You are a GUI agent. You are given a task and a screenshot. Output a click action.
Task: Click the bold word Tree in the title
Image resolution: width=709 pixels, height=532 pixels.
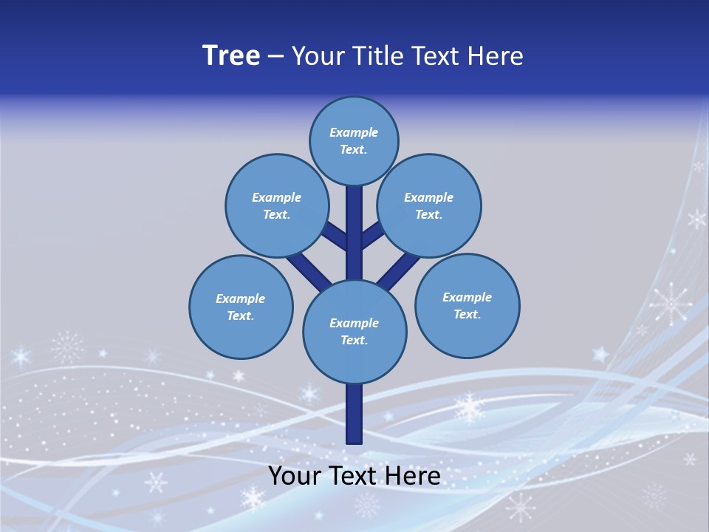[x=231, y=56]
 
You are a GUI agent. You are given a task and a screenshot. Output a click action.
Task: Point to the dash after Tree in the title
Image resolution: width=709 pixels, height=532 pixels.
[x=276, y=57]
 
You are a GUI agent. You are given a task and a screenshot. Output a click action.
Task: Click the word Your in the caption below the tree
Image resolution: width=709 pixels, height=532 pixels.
[x=295, y=476]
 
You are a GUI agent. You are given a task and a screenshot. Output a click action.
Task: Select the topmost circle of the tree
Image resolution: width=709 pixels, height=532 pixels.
[x=354, y=140]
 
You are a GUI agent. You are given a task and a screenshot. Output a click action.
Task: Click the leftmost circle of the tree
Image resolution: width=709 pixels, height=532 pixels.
[x=241, y=307]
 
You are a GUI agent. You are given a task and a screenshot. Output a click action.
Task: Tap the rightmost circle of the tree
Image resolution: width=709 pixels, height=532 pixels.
[x=467, y=305]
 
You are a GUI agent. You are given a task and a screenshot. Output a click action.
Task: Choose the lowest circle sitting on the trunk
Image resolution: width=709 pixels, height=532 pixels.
[x=354, y=331]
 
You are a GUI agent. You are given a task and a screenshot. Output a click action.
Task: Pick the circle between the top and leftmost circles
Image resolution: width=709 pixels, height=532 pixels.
[x=276, y=205]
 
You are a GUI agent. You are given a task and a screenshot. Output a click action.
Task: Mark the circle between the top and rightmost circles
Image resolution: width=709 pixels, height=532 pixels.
[x=428, y=205]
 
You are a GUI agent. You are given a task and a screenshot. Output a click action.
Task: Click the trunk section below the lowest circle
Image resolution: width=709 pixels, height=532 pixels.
[x=354, y=414]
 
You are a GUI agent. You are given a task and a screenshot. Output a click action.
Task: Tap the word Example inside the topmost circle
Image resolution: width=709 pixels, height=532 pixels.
[x=354, y=132]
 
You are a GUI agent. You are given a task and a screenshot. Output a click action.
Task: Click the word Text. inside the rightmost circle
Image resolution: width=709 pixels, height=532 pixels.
[x=467, y=314]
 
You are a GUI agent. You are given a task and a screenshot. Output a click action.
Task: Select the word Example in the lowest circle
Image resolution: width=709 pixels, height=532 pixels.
[x=354, y=323]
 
